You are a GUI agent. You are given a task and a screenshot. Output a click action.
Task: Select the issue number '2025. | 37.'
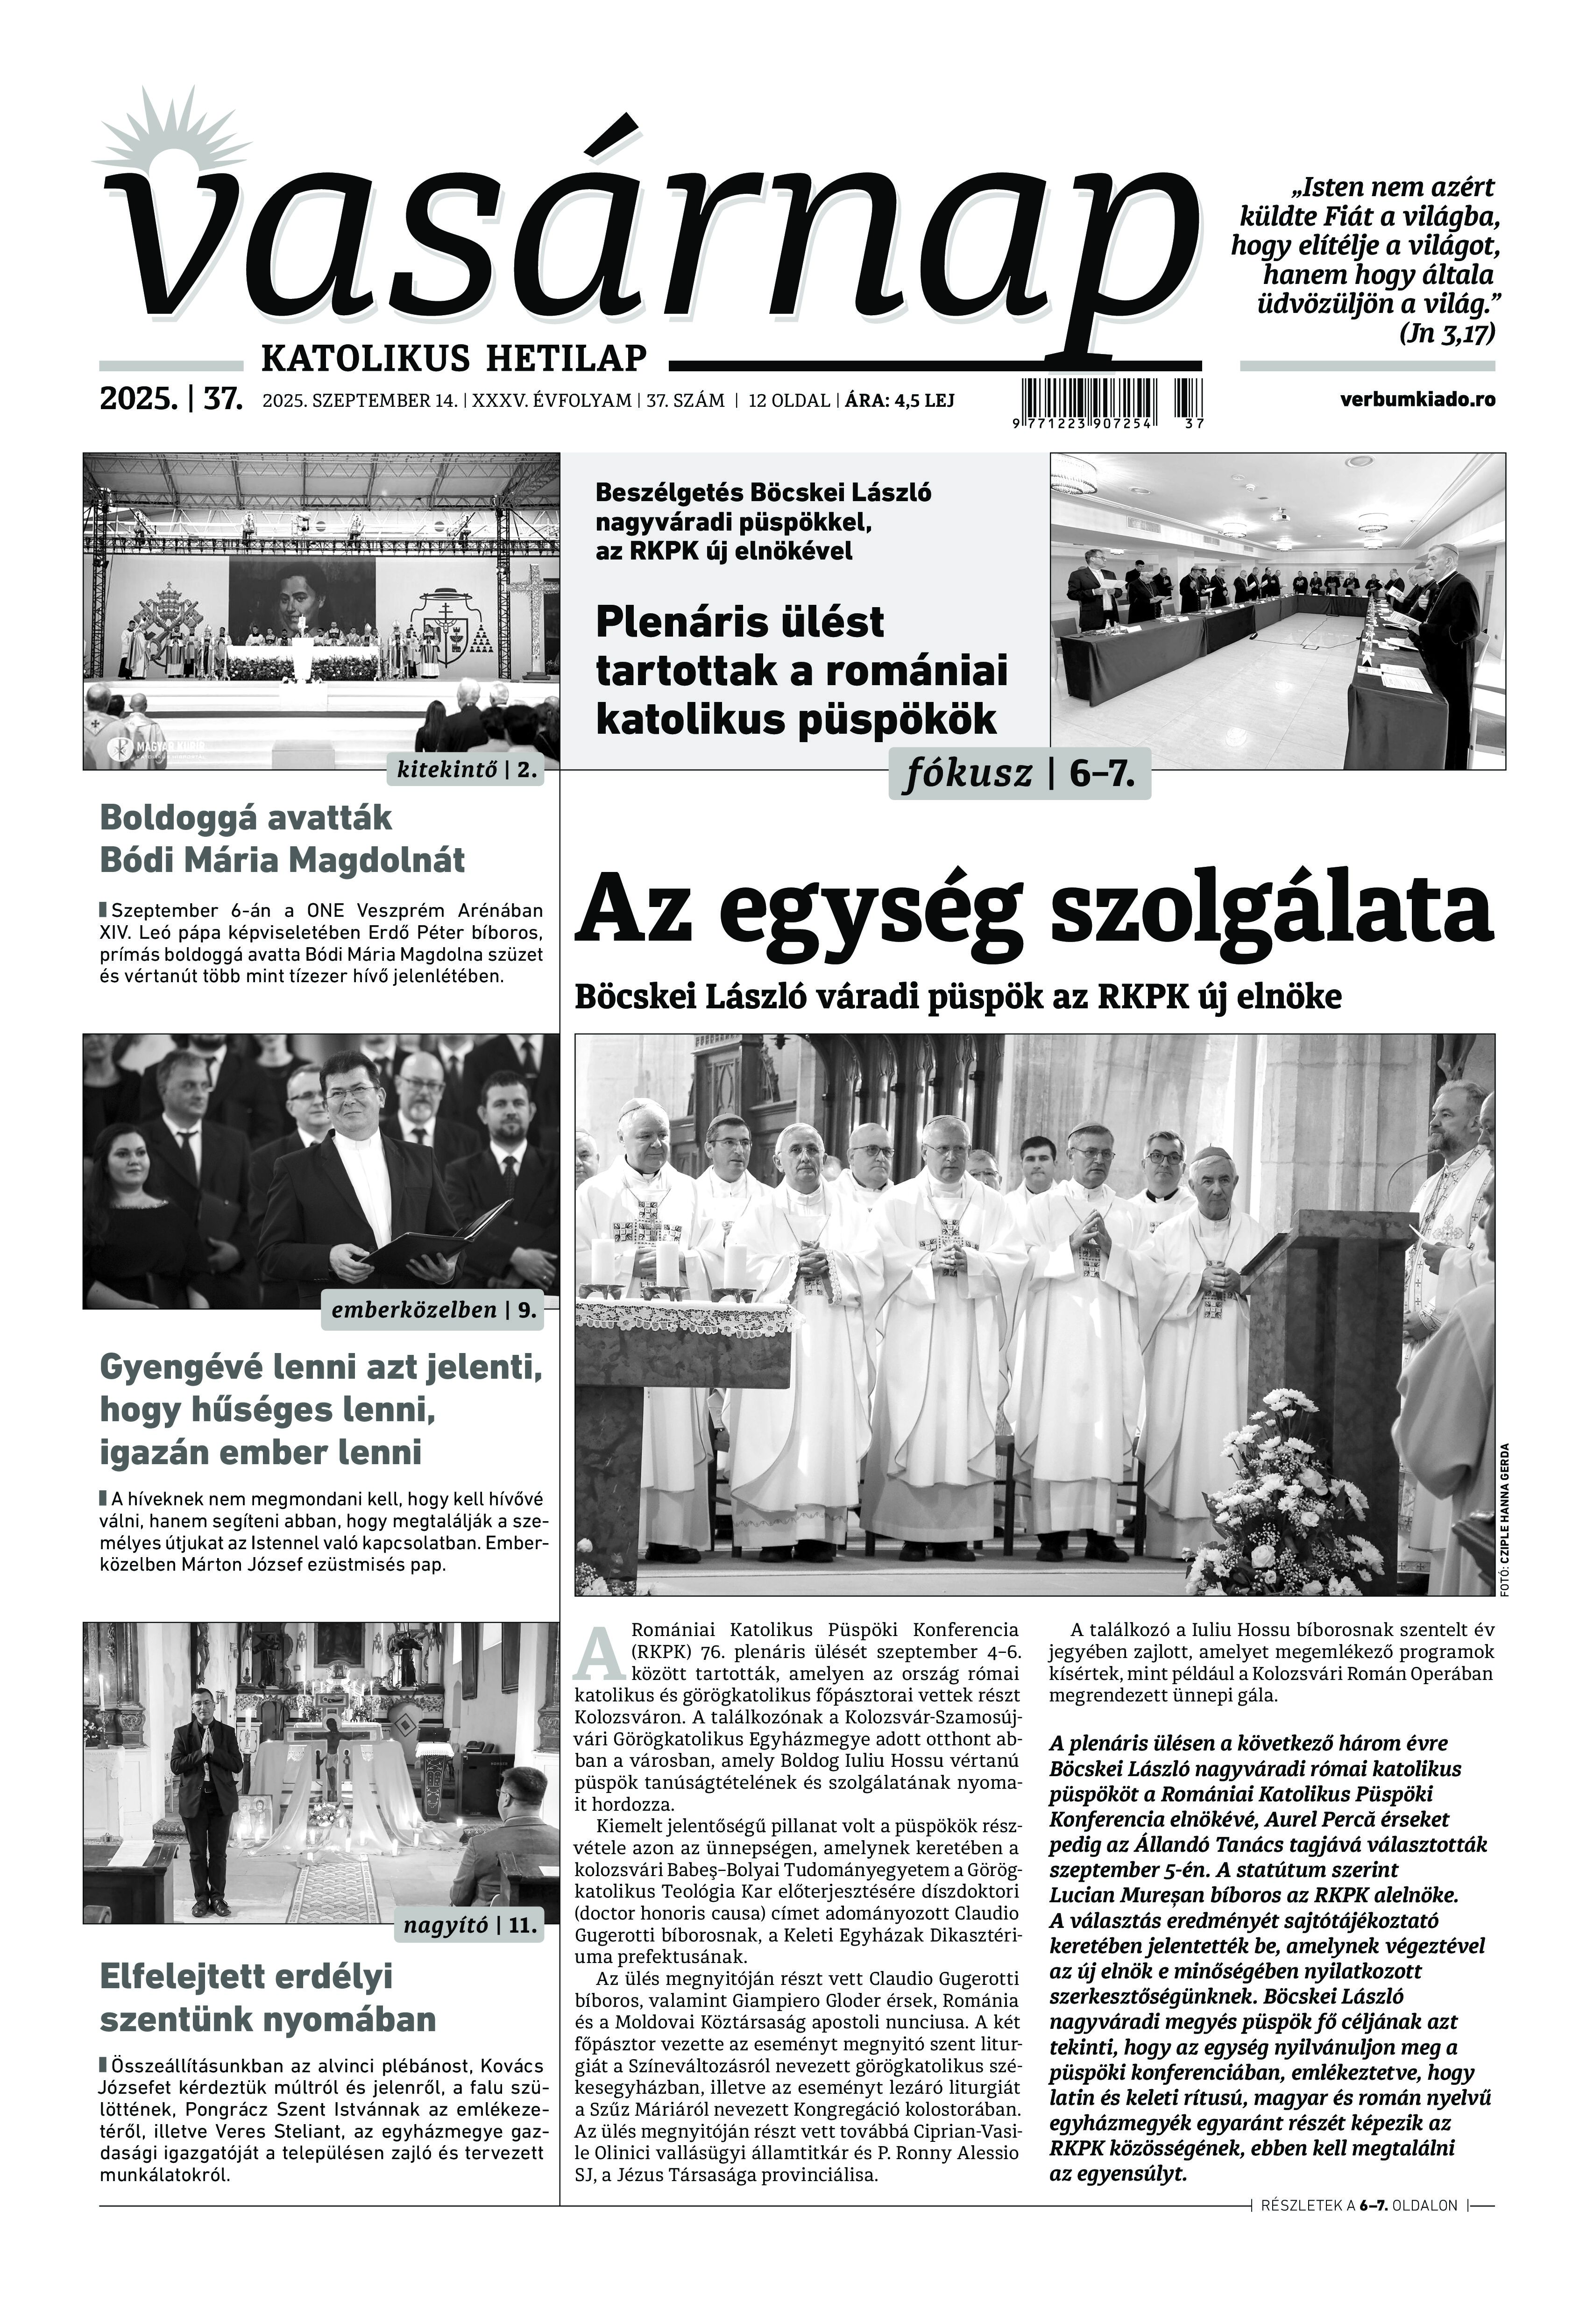tap(171, 399)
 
